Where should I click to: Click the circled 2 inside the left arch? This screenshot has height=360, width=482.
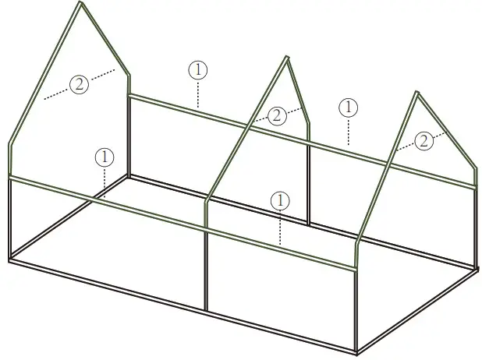[x=80, y=85]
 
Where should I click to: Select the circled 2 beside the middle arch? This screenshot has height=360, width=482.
[x=277, y=116]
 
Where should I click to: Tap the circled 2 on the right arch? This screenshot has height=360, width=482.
[x=424, y=140]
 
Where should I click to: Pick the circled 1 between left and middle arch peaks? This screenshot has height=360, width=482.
[x=198, y=69]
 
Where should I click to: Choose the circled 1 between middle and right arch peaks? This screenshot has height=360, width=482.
[x=349, y=107]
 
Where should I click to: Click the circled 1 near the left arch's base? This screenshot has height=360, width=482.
[x=104, y=157]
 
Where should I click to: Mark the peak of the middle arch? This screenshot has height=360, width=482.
[x=287, y=57]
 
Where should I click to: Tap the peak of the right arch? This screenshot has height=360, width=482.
[x=417, y=94]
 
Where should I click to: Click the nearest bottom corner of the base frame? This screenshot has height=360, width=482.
[x=357, y=351]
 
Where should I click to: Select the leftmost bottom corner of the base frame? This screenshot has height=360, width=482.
[x=10, y=259]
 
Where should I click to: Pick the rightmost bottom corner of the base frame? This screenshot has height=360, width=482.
[x=475, y=269]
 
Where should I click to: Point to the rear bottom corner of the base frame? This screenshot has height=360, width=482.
[x=129, y=177]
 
